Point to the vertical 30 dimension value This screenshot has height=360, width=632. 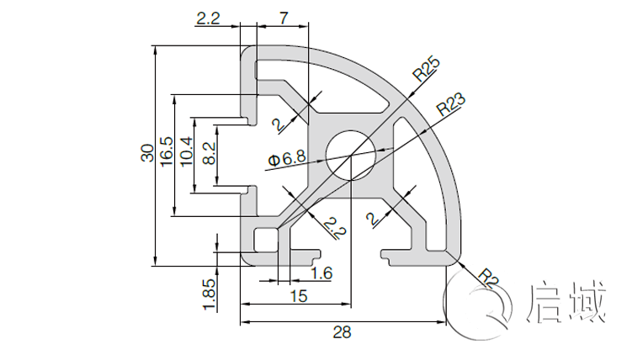coord(147,155)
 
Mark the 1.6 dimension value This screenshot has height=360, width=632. coord(321,273)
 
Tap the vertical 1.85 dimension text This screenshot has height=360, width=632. coord(210,294)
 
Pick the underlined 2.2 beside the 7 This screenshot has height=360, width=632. coord(207,17)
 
